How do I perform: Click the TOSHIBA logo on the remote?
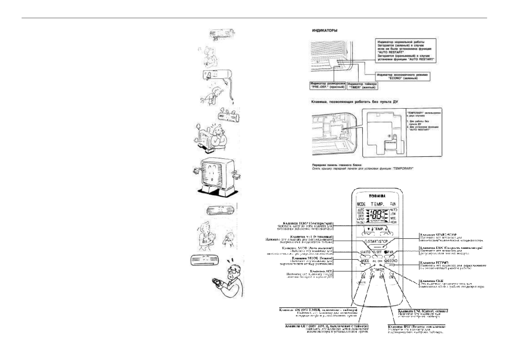click(376, 196)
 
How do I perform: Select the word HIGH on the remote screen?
click(393, 222)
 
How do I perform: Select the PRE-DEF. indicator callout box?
click(328, 85)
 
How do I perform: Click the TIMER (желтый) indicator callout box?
click(362, 85)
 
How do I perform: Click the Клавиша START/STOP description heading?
click(438, 235)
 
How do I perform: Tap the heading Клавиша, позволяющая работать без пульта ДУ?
click(355, 102)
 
